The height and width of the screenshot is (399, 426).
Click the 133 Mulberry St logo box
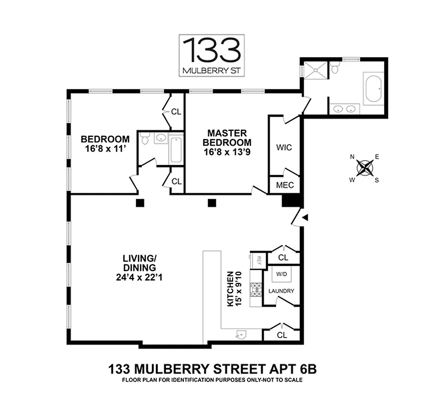tap(212, 55)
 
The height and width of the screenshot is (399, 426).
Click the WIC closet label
tap(284, 148)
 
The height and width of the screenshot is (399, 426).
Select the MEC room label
tap(285, 186)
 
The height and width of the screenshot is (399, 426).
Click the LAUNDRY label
tap(281, 291)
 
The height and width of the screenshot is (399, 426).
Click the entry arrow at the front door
tap(305, 217)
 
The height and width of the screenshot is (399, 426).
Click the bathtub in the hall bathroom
tap(177, 149)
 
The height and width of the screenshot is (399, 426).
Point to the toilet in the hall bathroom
tap(145, 140)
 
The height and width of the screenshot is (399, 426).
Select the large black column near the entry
tap(290, 200)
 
